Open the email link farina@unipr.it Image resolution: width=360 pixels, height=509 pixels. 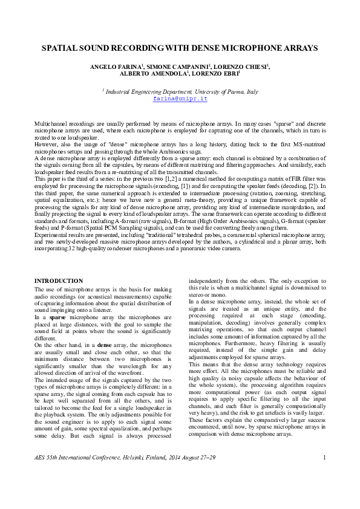coord(180,97)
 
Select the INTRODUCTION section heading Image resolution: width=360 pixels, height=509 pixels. coord(59,281)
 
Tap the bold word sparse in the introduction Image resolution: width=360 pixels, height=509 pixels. coord(58,316)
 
